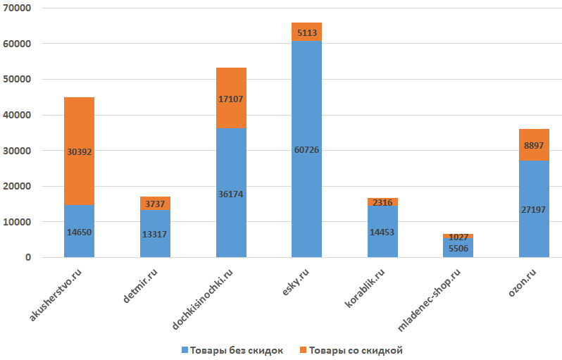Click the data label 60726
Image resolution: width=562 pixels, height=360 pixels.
(x=306, y=149)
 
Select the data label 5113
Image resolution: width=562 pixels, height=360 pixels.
(x=306, y=32)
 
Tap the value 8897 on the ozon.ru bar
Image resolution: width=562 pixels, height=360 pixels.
(x=534, y=145)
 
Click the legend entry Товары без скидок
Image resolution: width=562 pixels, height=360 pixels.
(x=232, y=350)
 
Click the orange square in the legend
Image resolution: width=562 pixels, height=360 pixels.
(x=303, y=350)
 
